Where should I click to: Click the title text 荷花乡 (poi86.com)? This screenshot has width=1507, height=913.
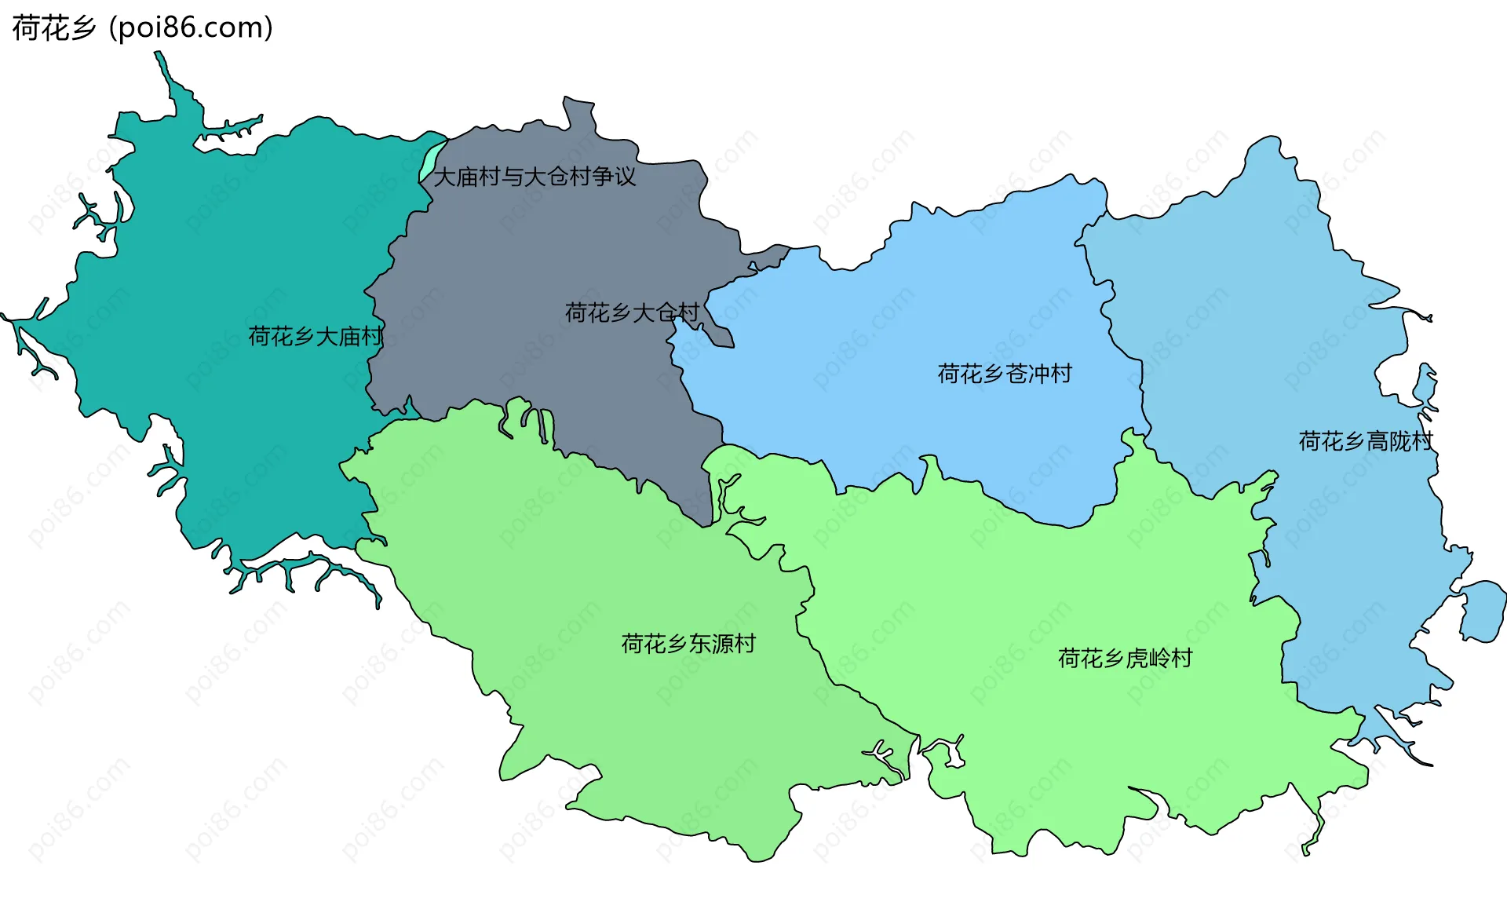click(142, 27)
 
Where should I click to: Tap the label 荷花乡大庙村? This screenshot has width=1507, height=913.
click(316, 337)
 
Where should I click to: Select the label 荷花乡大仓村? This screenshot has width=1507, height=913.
click(632, 313)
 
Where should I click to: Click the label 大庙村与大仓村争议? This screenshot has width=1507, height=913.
click(535, 177)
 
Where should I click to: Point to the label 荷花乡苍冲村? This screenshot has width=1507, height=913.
click(1005, 374)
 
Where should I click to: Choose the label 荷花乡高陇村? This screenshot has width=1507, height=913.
click(1366, 441)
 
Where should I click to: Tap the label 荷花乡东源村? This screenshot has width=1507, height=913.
click(688, 644)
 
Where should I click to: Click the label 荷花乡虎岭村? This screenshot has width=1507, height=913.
click(1125, 658)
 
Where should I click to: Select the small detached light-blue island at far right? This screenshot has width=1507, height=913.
click(1482, 610)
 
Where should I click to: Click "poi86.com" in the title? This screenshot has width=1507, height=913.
click(191, 27)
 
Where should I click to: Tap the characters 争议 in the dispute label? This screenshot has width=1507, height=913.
click(614, 177)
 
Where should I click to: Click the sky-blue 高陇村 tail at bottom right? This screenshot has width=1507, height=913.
click(1405, 746)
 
